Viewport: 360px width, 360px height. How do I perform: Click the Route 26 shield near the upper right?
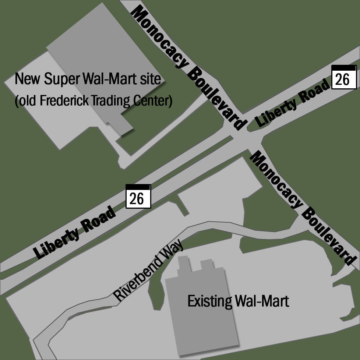tap(344, 77)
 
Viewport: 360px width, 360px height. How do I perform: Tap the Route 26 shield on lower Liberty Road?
tap(138, 197)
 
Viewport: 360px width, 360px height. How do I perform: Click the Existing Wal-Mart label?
tap(238, 301)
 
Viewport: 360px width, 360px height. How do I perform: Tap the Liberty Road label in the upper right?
tap(293, 104)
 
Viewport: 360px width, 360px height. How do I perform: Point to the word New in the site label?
tap(28, 79)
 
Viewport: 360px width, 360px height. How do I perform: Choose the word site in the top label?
tap(151, 79)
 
